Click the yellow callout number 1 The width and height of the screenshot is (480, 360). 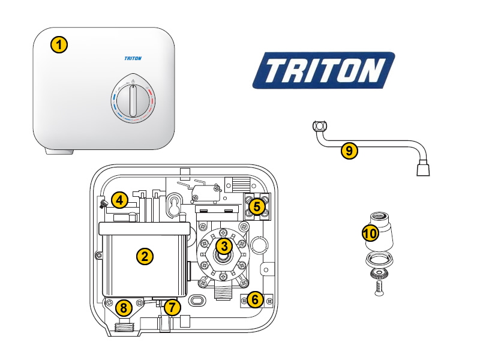58,44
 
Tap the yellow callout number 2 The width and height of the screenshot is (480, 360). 144,257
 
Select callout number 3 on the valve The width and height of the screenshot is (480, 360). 224,245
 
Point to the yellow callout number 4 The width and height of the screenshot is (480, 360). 119,200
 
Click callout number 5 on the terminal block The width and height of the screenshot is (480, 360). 256,207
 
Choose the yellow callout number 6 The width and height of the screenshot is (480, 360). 255,299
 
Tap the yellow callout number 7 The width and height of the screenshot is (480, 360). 172,308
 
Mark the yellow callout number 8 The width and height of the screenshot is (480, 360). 124,308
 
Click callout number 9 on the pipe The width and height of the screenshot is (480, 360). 349,151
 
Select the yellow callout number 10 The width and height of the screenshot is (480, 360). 370,232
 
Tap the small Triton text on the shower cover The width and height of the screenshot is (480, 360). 132,58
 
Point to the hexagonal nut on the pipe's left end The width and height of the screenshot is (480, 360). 320,127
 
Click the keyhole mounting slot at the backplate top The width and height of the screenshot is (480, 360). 174,204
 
